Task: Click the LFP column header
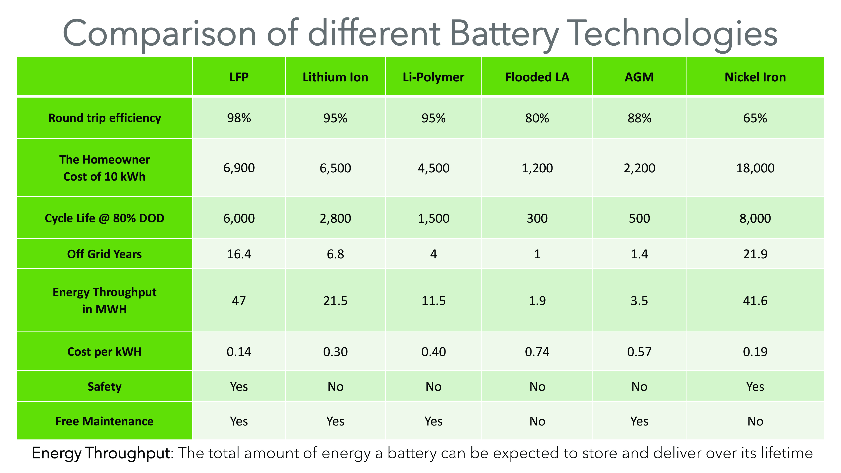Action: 239,77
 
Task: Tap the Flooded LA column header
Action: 537,77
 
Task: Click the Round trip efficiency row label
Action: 104,118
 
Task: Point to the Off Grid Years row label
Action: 104,254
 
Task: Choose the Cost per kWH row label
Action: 104,351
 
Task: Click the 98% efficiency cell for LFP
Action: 239,118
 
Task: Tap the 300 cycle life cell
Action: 537,218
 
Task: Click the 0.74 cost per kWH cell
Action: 537,351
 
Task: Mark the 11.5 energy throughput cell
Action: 433,301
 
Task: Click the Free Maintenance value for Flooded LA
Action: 537,421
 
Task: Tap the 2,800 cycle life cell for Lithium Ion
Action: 335,218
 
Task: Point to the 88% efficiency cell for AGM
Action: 639,118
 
